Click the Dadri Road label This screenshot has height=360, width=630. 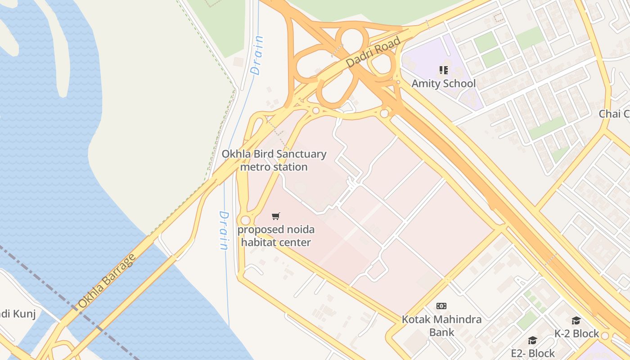click(373, 53)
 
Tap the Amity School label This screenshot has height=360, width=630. click(443, 84)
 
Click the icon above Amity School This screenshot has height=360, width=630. click(443, 70)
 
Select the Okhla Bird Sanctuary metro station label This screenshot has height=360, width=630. click(274, 160)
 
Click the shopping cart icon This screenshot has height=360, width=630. click(276, 216)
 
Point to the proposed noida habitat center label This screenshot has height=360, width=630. click(276, 236)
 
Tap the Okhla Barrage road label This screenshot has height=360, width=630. click(106, 281)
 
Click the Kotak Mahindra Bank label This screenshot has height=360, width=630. click(441, 326)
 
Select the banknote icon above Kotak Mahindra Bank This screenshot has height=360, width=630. click(441, 306)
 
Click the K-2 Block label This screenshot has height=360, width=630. click(576, 333)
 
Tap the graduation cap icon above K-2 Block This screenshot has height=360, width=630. click(576, 320)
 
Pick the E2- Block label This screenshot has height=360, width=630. click(533, 353)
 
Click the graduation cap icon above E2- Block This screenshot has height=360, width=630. click(532, 340)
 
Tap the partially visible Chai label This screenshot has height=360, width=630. click(614, 114)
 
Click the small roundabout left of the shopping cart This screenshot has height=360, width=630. click(245, 220)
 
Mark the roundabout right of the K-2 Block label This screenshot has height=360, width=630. click(605, 336)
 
